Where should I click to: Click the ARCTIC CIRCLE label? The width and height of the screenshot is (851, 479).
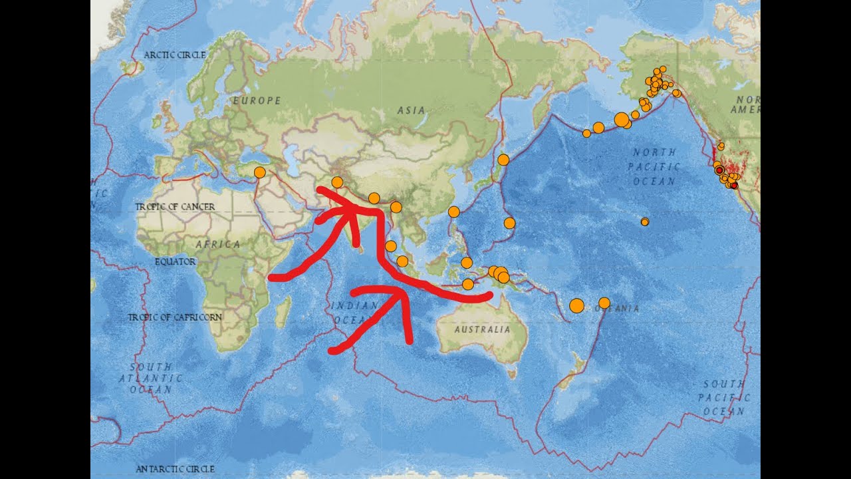[x=175, y=55]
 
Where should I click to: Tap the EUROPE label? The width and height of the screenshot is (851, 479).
[x=256, y=100]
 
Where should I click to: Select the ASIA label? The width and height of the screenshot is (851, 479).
[x=411, y=110]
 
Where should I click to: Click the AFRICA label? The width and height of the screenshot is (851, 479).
[x=218, y=244]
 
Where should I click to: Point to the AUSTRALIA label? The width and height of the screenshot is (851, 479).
[x=483, y=329]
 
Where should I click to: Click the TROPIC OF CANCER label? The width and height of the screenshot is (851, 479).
[x=175, y=207]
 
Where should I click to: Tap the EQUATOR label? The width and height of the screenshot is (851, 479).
[x=175, y=261]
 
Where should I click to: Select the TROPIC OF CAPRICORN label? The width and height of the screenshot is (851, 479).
[x=175, y=317]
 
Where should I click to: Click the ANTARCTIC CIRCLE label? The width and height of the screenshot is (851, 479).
[x=175, y=469]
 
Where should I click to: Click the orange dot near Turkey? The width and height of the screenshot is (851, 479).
[x=260, y=172]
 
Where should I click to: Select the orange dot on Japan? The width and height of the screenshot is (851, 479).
[x=503, y=160]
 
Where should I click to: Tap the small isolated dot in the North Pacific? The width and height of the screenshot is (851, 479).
[x=644, y=222]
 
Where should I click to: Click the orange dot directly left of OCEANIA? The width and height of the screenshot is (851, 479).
[x=576, y=305]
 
